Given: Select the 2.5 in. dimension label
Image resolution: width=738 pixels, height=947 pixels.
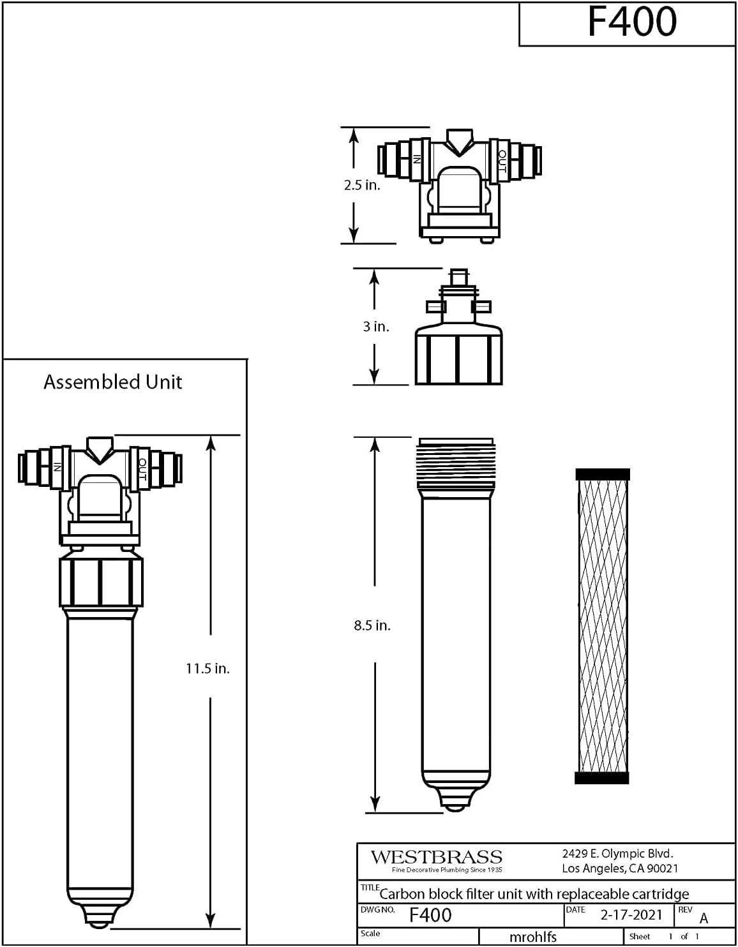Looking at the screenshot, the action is [362, 185].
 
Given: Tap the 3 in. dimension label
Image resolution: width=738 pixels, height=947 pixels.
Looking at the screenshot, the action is [376, 326].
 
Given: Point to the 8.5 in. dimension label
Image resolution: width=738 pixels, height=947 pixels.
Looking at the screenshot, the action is [372, 625].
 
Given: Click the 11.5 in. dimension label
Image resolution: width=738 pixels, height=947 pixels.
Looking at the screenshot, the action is [207, 668].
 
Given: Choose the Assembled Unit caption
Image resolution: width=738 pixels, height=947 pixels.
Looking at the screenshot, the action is [112, 382].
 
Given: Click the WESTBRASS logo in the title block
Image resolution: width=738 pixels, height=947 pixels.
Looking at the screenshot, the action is [436, 857].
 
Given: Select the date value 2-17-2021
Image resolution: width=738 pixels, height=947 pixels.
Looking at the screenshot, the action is [631, 914].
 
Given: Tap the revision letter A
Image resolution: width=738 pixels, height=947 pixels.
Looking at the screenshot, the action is [704, 918].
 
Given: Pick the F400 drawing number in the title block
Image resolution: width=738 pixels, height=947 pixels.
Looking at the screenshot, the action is [431, 914].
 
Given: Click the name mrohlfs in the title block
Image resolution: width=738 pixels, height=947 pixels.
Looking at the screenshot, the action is [532, 937].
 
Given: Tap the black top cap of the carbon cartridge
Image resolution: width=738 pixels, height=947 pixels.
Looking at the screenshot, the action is [603, 475].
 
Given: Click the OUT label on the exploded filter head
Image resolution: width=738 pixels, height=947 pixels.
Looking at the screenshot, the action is [502, 161].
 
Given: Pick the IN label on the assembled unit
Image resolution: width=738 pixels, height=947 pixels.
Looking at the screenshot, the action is [57, 466].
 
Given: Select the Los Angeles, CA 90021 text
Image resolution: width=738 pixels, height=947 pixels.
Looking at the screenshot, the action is [620, 869].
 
